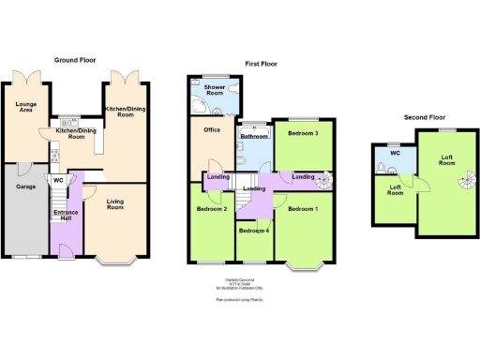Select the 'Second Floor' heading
(425, 117)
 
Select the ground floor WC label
(58, 180)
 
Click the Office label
(211, 129)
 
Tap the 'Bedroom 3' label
(303, 133)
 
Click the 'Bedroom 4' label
(253, 230)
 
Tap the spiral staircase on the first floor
(328, 180)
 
